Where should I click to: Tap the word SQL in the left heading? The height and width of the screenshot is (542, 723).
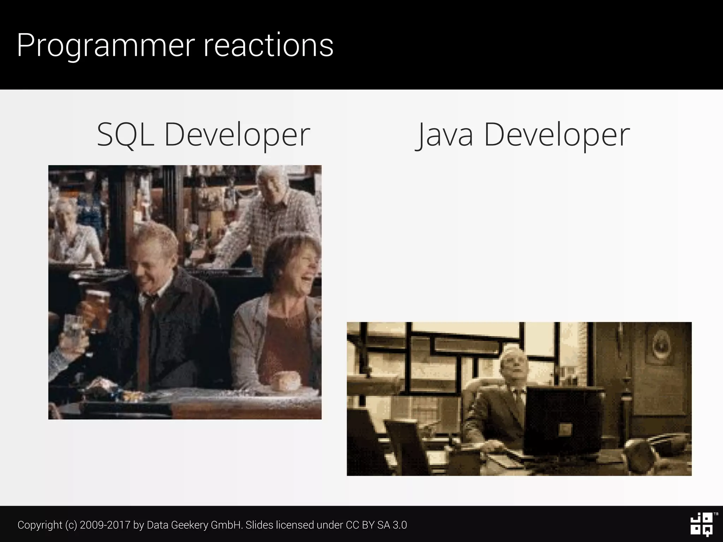125,135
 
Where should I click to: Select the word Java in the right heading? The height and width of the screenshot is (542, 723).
445,135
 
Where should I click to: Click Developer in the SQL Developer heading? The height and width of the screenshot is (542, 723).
237,135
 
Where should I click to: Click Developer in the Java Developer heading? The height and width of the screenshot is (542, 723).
557,135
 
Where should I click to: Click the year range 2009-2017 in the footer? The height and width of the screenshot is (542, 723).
105,525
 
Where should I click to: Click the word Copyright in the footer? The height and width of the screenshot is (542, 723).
40,525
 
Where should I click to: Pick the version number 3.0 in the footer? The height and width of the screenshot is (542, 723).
400,525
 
